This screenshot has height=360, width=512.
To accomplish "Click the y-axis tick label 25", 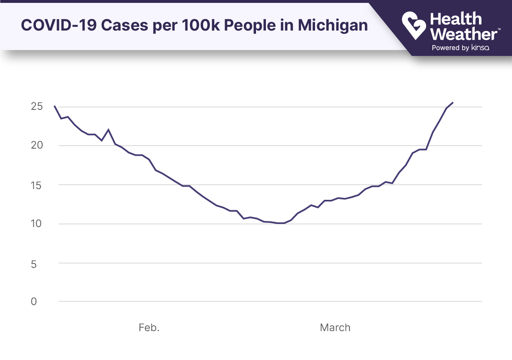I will tap(37, 107).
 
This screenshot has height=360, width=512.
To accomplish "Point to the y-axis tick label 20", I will tap(37, 145).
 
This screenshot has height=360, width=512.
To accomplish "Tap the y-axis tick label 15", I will tap(37, 185).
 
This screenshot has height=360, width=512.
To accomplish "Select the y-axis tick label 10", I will tap(37, 224).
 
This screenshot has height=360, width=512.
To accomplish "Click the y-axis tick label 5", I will tap(33, 263).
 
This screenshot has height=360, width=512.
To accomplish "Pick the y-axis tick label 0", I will tap(33, 302).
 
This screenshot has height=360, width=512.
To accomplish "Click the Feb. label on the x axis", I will tap(149, 328).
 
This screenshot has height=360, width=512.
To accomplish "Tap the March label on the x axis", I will tap(335, 328).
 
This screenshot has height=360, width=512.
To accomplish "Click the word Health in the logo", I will tap(455, 19).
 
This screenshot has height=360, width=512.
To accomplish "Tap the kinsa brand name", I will tap(480, 48).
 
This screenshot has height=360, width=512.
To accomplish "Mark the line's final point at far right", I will tap(453, 102).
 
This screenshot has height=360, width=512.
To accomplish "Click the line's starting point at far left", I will tap(55, 106).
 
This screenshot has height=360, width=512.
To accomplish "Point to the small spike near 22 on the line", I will tap(108, 130).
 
